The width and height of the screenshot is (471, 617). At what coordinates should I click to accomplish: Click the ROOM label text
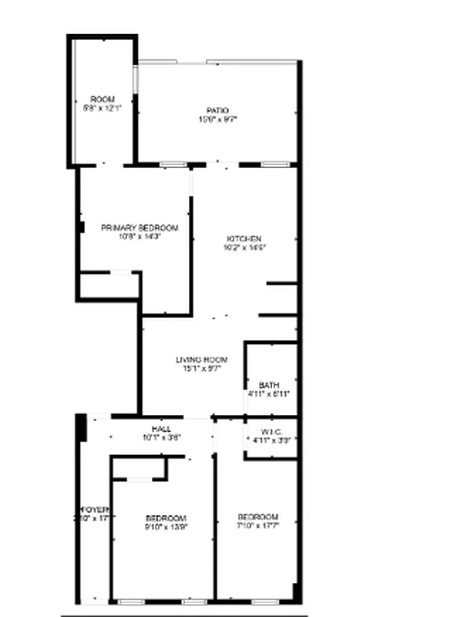[x=103, y=99]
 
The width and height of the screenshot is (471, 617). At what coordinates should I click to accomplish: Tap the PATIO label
[x=217, y=111]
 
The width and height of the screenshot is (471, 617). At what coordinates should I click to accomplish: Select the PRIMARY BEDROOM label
[x=140, y=228]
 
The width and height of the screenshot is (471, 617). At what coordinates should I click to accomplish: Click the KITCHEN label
[x=244, y=238]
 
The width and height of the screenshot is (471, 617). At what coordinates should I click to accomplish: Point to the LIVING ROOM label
[x=201, y=359]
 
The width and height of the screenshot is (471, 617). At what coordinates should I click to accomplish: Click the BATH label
[x=269, y=385]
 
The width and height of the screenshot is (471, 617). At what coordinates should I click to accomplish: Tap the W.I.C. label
[x=270, y=431]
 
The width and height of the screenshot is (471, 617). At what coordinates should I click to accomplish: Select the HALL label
[x=161, y=429]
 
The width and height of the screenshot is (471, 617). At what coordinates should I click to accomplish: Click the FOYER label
[x=96, y=510]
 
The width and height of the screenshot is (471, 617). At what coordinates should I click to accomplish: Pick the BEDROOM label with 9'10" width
[x=166, y=517]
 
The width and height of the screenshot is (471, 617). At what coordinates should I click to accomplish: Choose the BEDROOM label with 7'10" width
[x=257, y=517]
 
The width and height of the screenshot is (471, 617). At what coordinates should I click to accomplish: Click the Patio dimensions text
[x=217, y=120]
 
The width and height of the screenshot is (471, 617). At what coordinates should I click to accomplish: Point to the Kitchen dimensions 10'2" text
[x=244, y=248]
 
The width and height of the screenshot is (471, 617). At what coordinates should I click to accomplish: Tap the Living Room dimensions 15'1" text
[x=201, y=369]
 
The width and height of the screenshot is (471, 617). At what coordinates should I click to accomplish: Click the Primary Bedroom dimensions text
[x=140, y=238]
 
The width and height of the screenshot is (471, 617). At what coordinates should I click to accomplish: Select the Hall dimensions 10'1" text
[x=161, y=438]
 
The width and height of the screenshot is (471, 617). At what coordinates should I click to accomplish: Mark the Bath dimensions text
[x=269, y=394]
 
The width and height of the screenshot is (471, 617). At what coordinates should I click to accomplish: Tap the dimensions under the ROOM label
[x=103, y=109]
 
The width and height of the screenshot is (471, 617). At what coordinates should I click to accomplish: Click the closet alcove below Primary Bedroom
[x=109, y=285]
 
